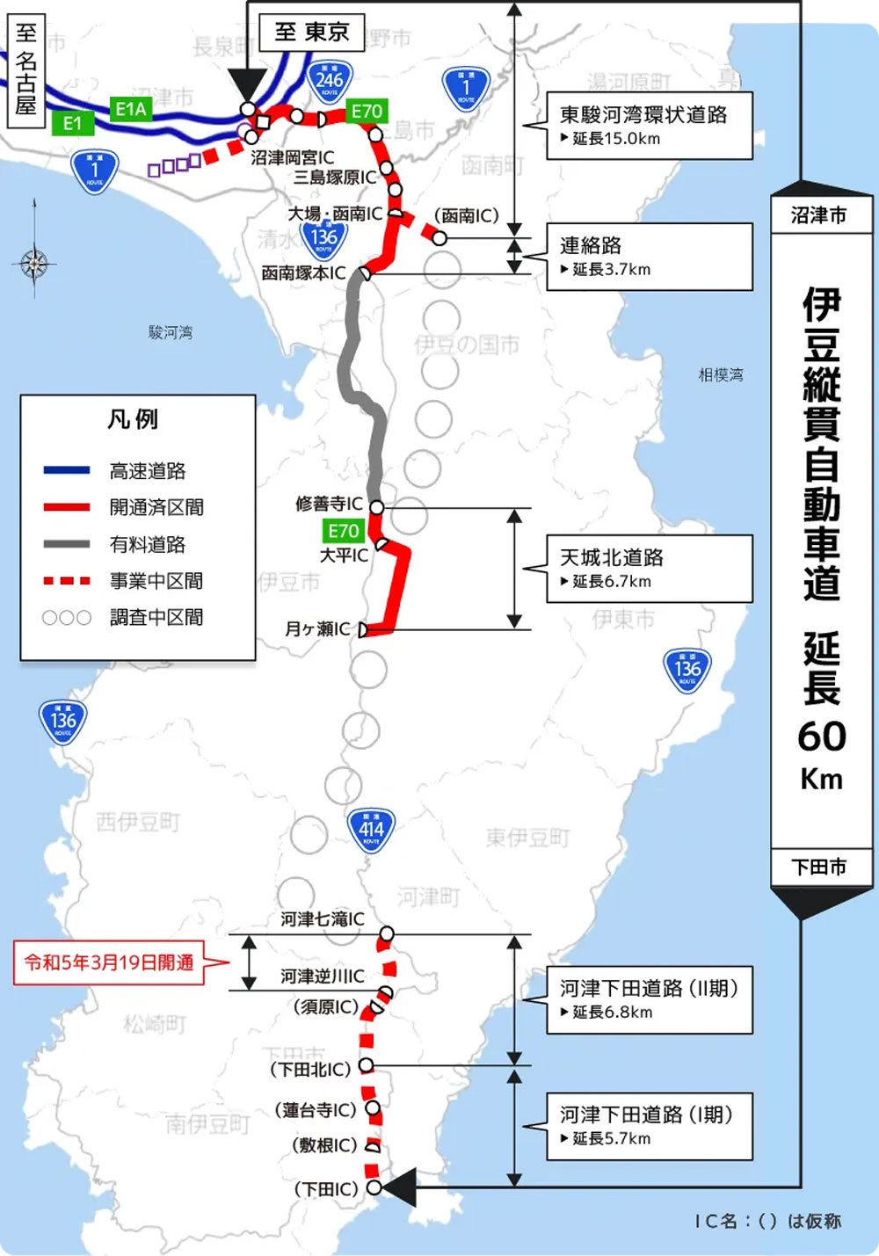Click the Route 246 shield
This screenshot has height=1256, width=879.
pyautogui.click(x=329, y=82)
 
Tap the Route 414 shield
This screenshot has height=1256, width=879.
pyautogui.click(x=371, y=829)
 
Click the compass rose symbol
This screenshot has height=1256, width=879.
pyautogui.click(x=34, y=261)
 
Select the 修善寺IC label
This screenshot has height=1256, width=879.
pyautogui.click(x=329, y=504)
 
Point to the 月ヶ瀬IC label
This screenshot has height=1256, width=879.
pyautogui.click(x=317, y=629)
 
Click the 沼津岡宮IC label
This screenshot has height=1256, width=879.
pyautogui.click(x=292, y=157)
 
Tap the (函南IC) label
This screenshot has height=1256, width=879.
pyautogui.click(x=466, y=215)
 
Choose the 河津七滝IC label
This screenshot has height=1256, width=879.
pyautogui.click(x=322, y=919)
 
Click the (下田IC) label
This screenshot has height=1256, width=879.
pyautogui.click(x=326, y=1189)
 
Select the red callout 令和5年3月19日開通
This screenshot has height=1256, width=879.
pyautogui.click(x=109, y=962)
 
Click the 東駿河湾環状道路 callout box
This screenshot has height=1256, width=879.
pyautogui.click(x=649, y=125)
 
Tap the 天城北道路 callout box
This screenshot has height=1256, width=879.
pyautogui.click(x=649, y=568)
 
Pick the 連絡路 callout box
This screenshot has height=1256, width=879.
pyautogui.click(x=649, y=256)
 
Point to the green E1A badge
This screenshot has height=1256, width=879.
pyautogui.click(x=131, y=109)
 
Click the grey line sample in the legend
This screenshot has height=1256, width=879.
pyautogui.click(x=67, y=544)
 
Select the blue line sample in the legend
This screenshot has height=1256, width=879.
pyautogui.click(x=67, y=470)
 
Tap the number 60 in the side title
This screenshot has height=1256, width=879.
pyautogui.click(x=821, y=737)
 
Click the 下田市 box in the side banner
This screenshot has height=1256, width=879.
pyautogui.click(x=818, y=867)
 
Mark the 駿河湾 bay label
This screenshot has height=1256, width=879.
pyautogui.click(x=171, y=332)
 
